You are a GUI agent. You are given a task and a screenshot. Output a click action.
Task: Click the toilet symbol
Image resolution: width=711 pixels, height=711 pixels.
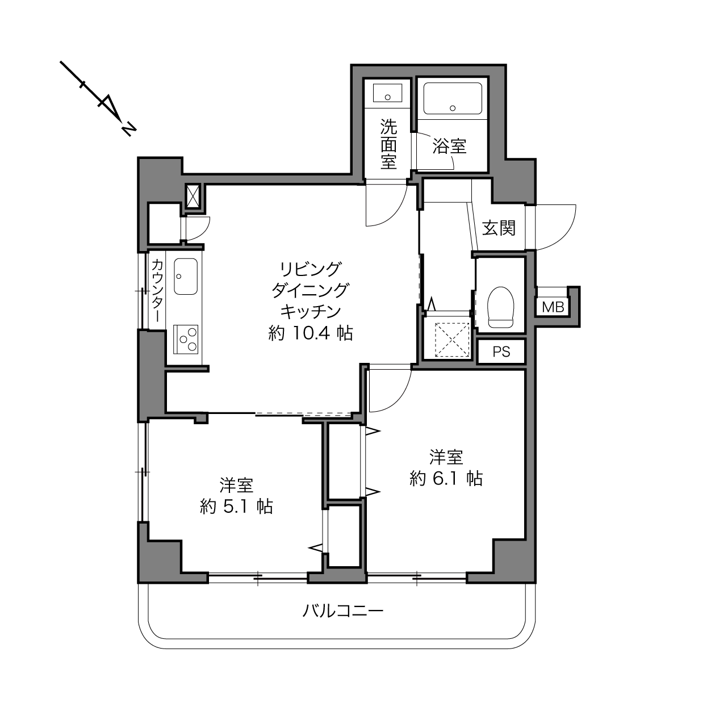click(500, 307)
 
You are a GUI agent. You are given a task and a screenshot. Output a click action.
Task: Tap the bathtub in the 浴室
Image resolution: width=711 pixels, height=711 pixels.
click(453, 98)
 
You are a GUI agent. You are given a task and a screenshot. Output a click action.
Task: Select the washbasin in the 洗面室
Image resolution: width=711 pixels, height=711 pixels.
click(387, 93)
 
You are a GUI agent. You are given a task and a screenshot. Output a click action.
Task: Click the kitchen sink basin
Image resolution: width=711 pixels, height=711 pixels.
click(186, 277)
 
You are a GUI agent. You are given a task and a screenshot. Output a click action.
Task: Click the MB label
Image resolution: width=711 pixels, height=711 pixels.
click(553, 307)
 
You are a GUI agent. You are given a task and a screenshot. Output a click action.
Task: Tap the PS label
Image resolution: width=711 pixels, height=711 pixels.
click(501, 352)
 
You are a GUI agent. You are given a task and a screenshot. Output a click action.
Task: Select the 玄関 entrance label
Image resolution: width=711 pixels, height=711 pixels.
click(499, 228)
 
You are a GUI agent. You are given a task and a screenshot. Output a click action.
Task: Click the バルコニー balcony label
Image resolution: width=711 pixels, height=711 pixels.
click(343, 611)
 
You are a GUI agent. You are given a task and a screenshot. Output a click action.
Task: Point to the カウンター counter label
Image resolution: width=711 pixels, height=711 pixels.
click(157, 290)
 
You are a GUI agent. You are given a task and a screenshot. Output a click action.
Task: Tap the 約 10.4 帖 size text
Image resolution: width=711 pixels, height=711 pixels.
click(310, 333)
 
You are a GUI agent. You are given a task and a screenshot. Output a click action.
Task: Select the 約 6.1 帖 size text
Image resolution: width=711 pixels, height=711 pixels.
click(446, 479)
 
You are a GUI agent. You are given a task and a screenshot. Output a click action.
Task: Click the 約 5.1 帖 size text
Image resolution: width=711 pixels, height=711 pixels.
click(236, 507)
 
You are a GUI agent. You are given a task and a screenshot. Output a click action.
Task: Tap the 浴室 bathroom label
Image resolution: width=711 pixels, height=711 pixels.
click(449, 146)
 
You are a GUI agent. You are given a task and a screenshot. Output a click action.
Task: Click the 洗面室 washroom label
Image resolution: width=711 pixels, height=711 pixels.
click(388, 144)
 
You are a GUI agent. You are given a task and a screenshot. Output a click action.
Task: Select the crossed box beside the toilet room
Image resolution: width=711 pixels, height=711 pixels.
click(453, 340)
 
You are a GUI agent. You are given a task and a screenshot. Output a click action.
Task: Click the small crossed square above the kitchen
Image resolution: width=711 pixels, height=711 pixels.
click(193, 196)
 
